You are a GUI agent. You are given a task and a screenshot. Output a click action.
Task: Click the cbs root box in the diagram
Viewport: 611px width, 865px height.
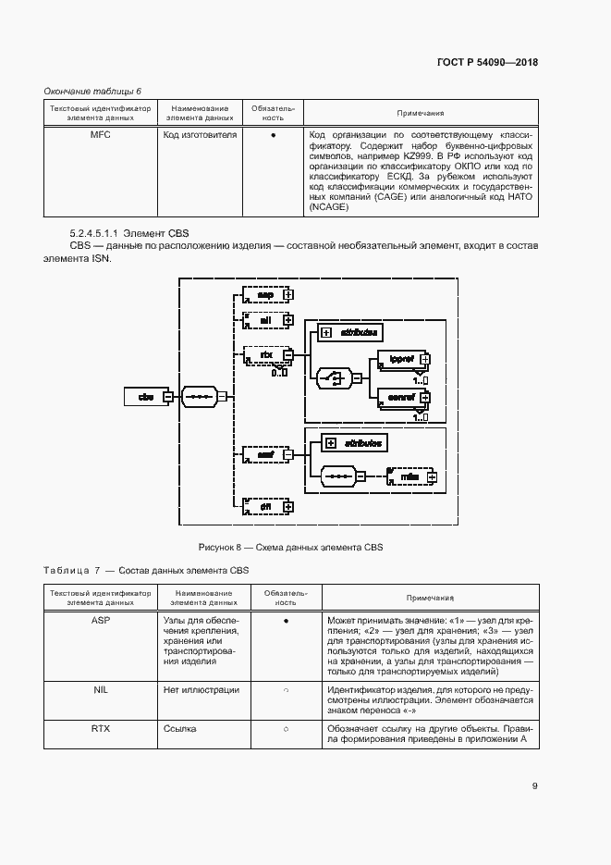coord(145,397)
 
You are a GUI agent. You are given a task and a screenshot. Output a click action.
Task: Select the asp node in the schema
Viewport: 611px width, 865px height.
coord(264,294)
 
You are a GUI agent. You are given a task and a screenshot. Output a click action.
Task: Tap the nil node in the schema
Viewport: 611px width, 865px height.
coord(264,319)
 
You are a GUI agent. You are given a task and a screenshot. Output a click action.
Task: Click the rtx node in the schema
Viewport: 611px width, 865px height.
coord(264,354)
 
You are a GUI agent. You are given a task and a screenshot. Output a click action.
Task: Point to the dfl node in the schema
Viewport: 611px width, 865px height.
coord(264,506)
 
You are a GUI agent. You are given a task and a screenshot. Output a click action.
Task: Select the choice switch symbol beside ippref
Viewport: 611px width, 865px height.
coord(332,377)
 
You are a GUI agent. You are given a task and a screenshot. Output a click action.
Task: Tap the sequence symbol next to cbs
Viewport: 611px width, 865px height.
coord(199,397)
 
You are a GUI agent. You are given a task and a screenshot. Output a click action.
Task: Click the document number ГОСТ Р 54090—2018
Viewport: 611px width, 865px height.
coord(487,62)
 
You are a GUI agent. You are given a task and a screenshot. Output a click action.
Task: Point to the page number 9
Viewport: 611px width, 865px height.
coord(535,787)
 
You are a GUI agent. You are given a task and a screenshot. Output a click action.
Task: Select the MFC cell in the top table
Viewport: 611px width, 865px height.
coord(100,135)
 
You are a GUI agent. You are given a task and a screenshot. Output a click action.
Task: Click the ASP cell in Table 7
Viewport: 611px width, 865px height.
coord(100,621)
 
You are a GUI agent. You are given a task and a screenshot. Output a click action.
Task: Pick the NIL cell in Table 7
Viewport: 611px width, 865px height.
coord(100,689)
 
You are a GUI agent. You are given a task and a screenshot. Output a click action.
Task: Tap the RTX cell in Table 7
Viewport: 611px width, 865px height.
coord(100,729)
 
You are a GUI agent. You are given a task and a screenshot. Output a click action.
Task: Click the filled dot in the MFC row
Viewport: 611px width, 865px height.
coord(274,136)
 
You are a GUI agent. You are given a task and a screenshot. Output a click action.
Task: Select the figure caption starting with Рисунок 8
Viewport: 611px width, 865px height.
coord(290,548)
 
